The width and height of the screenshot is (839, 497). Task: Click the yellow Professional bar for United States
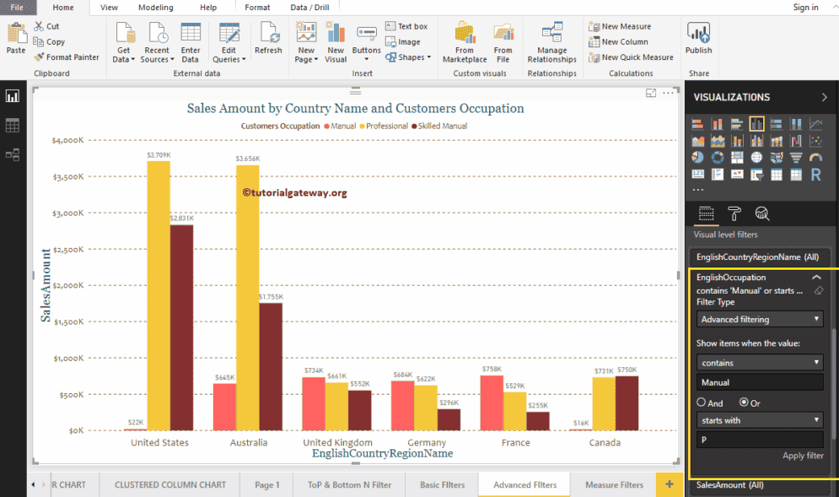[159, 295]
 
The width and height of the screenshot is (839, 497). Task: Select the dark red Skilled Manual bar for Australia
[271, 366]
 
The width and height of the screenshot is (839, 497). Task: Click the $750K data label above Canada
[627, 370]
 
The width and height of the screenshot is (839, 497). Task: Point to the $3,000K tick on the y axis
[67, 213]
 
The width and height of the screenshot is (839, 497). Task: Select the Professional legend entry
[386, 126]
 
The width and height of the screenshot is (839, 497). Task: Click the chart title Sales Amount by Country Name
[355, 108]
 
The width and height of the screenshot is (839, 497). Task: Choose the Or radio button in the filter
[744, 402]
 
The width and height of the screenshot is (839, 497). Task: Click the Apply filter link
[802, 456]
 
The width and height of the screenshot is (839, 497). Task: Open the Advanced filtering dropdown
[760, 319]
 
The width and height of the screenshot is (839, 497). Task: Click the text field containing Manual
[760, 382]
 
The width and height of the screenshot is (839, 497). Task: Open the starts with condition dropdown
[760, 419]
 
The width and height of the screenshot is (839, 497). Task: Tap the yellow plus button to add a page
[670, 483]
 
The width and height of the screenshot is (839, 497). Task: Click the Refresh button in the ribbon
[269, 41]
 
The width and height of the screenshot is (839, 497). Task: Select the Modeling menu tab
[155, 8]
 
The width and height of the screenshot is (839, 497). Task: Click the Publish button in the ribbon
[698, 41]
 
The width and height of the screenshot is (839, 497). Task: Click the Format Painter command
[67, 57]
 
